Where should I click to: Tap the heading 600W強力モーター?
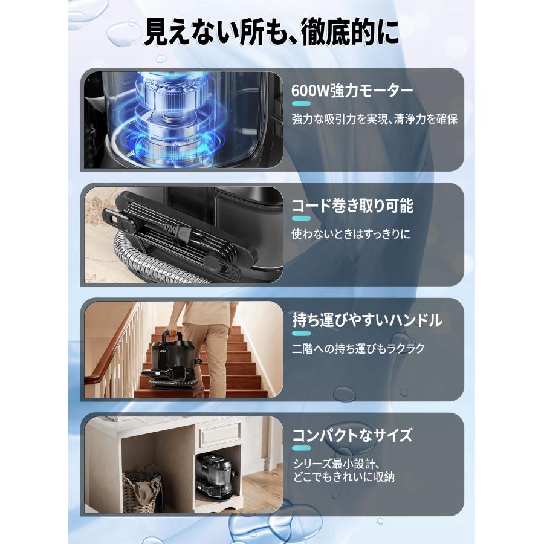352,91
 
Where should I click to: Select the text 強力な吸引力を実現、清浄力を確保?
375,119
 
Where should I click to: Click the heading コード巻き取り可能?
352,206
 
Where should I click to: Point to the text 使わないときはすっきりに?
351,233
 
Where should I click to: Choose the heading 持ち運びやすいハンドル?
367,320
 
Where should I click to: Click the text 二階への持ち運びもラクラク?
358,348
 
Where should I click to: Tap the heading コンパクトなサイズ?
352,435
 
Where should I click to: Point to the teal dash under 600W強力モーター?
301,104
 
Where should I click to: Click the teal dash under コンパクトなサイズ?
301,448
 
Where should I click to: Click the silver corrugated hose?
130,260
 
